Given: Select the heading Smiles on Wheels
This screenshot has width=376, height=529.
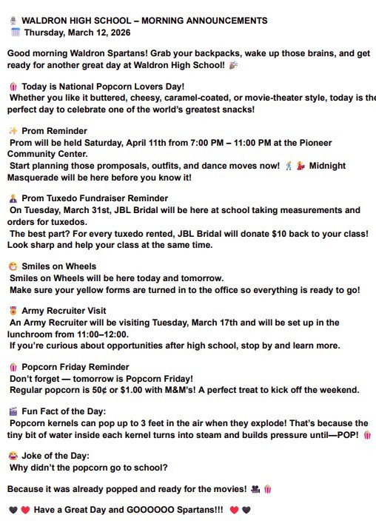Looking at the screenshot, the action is click(x=59, y=266).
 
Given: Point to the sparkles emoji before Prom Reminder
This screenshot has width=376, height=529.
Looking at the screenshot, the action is click(x=13, y=131).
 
